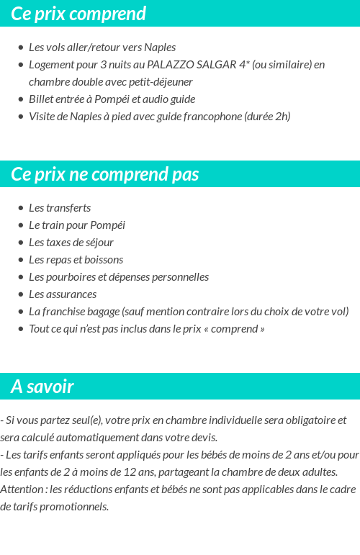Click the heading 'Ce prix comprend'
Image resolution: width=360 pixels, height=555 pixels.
[x=78, y=14]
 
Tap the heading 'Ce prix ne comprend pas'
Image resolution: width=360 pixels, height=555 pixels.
[x=105, y=174]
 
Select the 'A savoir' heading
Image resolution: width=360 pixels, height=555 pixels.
[x=42, y=387]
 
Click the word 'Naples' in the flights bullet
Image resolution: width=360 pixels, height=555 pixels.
[x=160, y=48]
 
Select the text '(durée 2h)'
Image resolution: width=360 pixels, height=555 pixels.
[x=267, y=117]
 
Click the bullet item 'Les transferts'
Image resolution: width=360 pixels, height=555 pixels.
[x=60, y=208]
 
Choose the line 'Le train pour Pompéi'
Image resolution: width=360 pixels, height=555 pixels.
[x=77, y=225]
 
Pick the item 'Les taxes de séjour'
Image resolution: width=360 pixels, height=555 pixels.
[x=71, y=243]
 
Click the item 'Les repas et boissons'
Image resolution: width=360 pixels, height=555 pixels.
[x=76, y=260]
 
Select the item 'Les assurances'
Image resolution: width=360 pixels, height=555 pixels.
[x=63, y=294]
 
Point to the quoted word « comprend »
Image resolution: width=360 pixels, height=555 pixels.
[x=238, y=329]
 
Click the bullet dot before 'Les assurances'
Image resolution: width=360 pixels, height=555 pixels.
[x=21, y=294]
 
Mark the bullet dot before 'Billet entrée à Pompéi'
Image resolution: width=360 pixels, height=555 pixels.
[x=21, y=99]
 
